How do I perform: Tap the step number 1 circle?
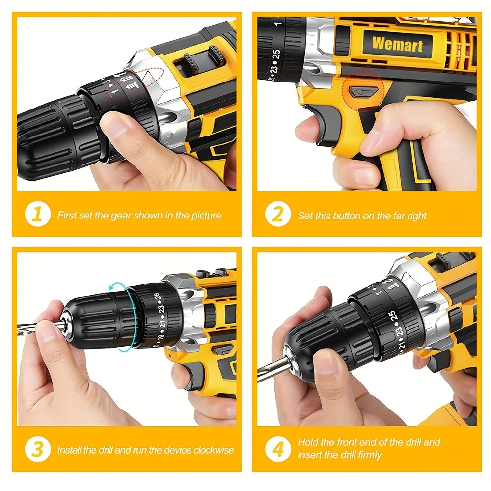(x=38, y=214)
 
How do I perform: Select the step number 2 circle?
(x=278, y=214)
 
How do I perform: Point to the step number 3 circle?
(x=38, y=449)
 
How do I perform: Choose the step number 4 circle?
(x=278, y=449)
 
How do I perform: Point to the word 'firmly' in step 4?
(x=370, y=454)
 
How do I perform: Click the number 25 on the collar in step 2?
(x=276, y=54)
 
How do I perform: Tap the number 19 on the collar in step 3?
(x=161, y=338)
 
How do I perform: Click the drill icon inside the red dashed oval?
(x=132, y=84)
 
